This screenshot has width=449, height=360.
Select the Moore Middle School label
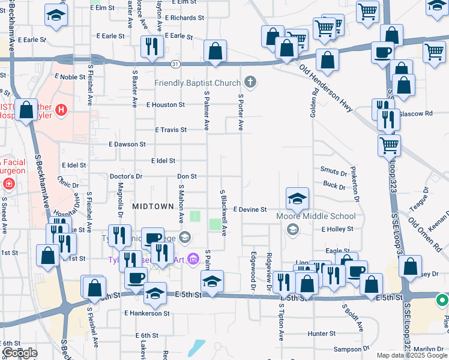point(316,216)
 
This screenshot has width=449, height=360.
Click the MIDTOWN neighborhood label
point(153,205)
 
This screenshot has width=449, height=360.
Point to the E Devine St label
point(249,209)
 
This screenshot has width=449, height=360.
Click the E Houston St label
point(165,104)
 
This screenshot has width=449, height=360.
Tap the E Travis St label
point(171,130)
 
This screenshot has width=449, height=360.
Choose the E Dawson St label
point(127,145)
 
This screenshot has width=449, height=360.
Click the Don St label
point(187,176)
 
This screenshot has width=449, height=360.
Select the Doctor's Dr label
point(126,176)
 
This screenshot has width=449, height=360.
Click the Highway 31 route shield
point(175,63)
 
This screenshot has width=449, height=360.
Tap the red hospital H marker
point(60,110)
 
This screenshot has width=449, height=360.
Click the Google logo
point(19,353)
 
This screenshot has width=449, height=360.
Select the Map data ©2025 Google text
point(411,355)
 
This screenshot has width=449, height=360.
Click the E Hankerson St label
point(148,313)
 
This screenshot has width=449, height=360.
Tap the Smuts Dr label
point(334,172)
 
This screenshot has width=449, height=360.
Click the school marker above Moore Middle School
point(297,199)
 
